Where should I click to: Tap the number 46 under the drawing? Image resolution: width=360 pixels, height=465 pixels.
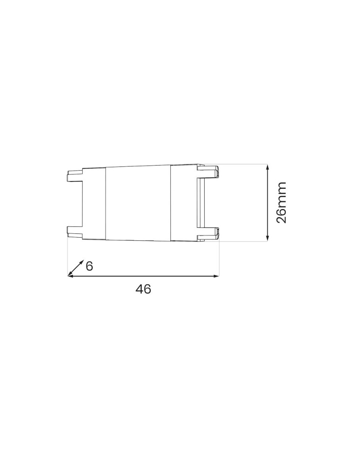[x=143, y=289]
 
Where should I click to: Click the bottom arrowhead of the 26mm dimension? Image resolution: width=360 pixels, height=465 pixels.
[x=268, y=239]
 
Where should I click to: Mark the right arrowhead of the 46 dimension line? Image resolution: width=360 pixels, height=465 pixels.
[x=216, y=276]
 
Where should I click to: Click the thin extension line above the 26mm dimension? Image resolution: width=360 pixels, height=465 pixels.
[x=242, y=164]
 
